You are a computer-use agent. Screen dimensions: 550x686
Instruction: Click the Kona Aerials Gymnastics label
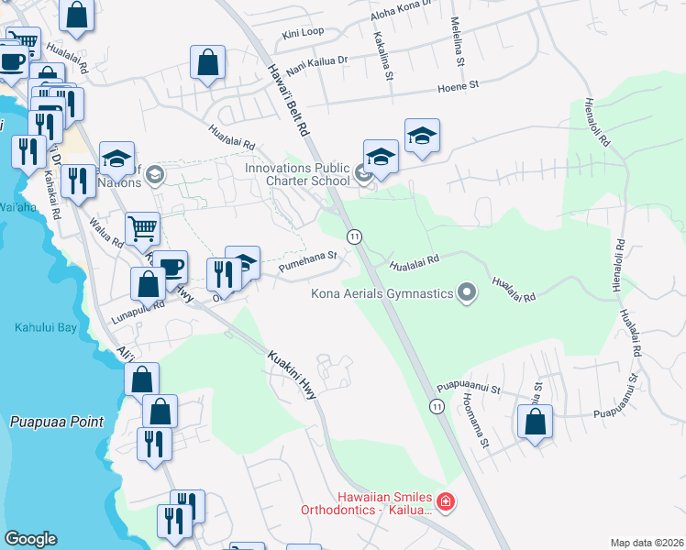tap(382, 293)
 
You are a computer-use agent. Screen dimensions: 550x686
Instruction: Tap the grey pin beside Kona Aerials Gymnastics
tap(467, 293)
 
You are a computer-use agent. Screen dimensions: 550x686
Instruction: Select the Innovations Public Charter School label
tap(296, 174)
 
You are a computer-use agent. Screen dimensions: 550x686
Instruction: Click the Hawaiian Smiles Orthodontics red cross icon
tap(445, 502)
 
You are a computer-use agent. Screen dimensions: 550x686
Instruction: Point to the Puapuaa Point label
tap(57, 422)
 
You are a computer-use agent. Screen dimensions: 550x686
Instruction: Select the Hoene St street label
tap(461, 84)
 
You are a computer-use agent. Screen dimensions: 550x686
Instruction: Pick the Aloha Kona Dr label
tap(401, 13)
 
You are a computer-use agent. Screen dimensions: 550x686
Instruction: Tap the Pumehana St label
tap(302, 269)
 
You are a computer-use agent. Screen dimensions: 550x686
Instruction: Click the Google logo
tap(30, 539)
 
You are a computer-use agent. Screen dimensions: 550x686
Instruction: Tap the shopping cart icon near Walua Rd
tap(142, 227)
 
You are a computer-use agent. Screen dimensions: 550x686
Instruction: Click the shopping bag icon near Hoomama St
tap(536, 423)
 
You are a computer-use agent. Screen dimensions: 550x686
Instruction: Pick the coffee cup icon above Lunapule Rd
tap(170, 267)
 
